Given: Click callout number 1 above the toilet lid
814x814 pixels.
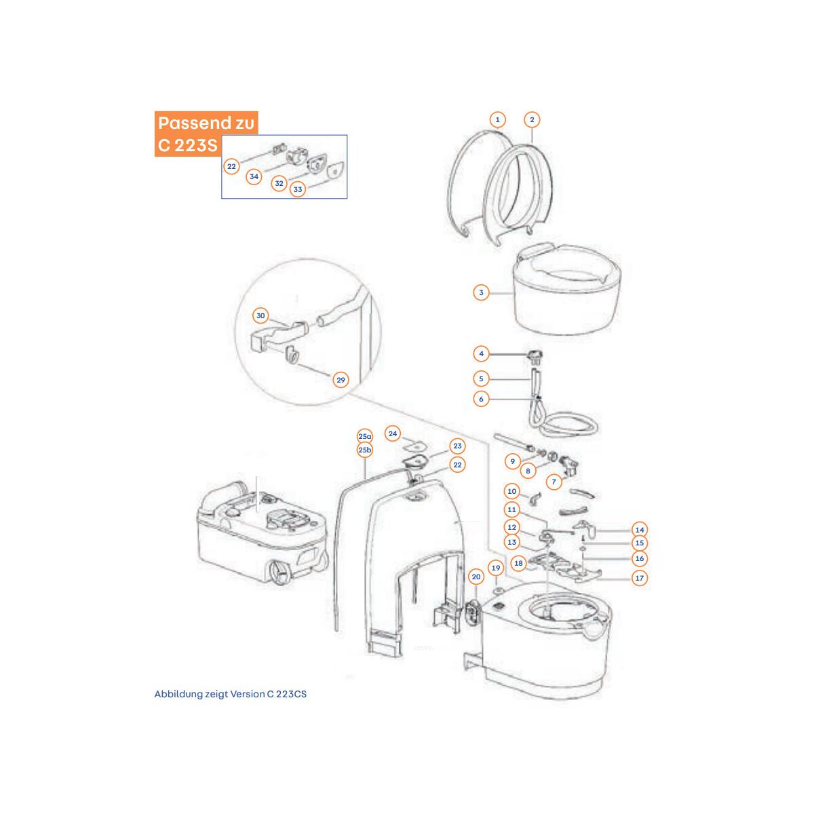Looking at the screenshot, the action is coord(497,119).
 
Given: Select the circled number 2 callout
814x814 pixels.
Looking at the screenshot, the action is coord(532,119).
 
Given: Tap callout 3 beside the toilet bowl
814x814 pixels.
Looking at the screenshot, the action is coord(481,292).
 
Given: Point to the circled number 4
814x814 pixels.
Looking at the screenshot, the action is coord(481,354).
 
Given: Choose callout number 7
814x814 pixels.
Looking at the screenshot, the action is coord(554,482).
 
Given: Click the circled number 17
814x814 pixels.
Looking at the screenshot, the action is coord(640,578).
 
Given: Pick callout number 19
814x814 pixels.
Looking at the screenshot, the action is coord(496,568).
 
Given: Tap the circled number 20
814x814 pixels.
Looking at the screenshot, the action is coord(476,577).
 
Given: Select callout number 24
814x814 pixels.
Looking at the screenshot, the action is coord(393,434).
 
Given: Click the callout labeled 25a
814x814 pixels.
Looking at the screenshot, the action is coord(365,437).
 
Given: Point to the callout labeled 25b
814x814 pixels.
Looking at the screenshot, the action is coord(365,450).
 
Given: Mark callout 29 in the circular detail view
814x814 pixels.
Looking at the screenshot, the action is coord(341,380).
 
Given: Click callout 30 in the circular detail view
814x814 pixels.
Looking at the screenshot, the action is coord(260,315).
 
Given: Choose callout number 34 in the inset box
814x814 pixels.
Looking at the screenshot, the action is coord(254,176).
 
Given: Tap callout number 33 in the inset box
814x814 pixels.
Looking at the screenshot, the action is coord(298,189).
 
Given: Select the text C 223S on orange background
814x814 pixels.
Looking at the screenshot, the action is coord(188,145).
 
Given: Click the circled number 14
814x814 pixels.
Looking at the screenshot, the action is coord(640,530).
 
